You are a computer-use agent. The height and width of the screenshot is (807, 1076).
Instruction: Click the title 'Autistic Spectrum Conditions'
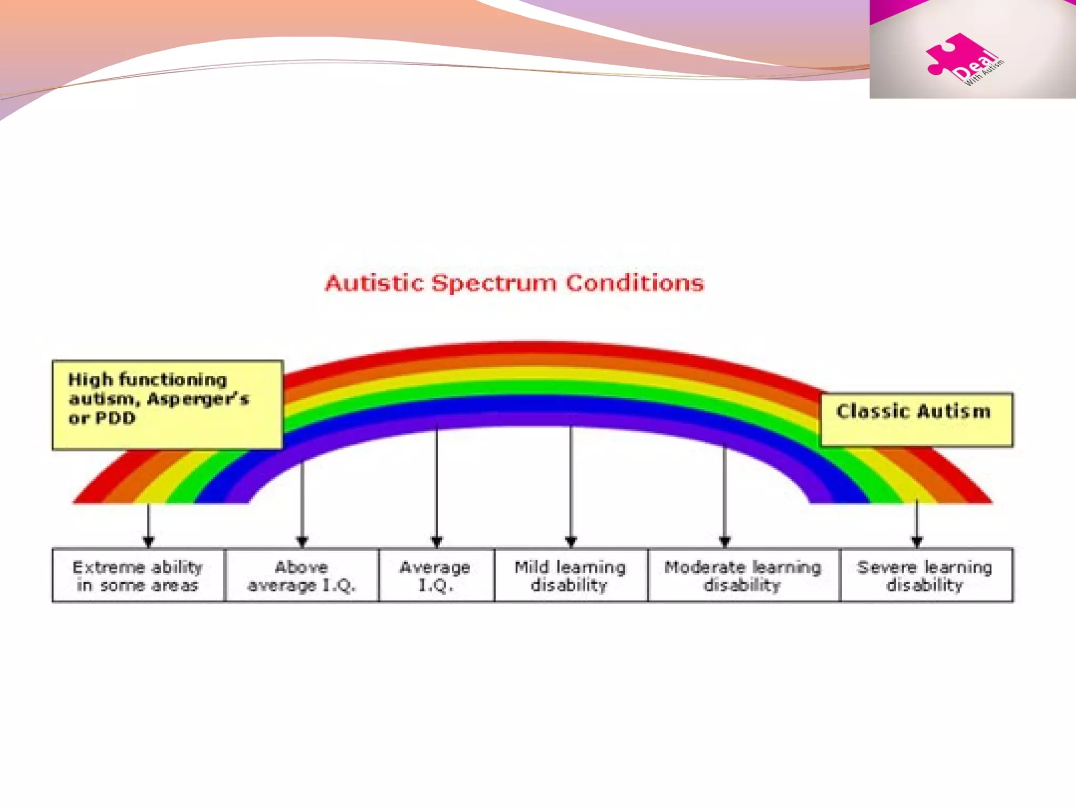514,283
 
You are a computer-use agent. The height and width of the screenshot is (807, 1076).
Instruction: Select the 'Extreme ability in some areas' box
138,575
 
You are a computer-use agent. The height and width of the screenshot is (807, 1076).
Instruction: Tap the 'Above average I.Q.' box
302,575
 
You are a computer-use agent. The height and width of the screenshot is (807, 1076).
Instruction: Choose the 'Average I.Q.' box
436,575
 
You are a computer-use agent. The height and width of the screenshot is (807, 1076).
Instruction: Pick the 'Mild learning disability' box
571,575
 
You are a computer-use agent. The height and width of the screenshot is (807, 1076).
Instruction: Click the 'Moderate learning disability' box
743,575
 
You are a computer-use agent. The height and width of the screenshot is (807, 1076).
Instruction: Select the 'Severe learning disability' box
926,575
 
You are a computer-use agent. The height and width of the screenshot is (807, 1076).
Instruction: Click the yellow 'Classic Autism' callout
916,420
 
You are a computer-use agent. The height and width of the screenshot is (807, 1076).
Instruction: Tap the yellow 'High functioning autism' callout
167,405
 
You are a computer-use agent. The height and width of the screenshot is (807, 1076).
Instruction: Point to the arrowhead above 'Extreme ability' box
149,541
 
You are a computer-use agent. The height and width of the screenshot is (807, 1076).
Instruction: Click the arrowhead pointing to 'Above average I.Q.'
302,541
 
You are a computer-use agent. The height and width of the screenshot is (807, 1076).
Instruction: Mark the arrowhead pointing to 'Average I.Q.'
437,541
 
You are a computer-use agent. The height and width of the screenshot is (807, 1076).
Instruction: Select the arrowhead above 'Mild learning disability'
571,541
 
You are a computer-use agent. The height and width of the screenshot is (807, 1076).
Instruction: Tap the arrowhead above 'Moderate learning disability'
725,541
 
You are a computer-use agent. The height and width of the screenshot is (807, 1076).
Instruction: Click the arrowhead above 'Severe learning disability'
917,541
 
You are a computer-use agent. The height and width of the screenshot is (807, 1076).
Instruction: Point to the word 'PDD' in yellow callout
116,418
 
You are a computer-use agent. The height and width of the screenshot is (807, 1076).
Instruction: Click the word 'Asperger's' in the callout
198,399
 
